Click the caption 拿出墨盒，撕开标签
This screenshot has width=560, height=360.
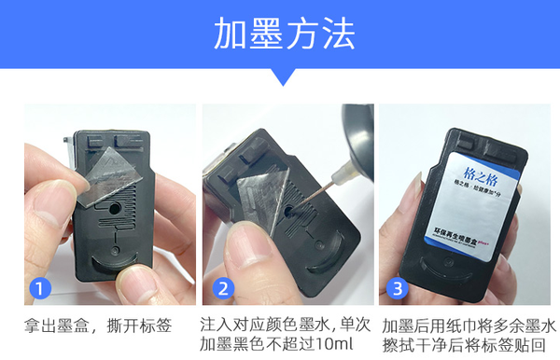98,326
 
